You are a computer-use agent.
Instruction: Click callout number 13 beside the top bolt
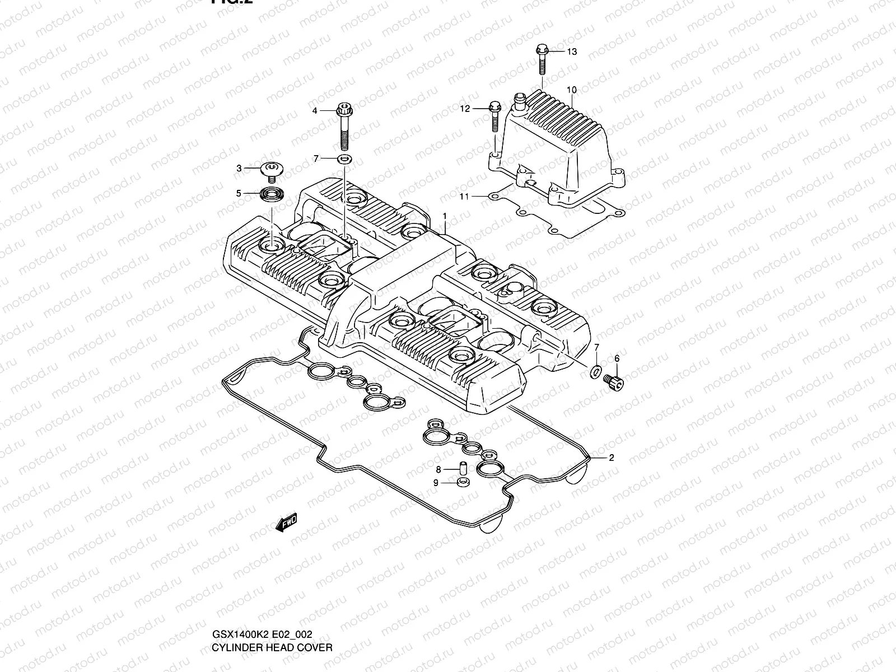click(x=571, y=52)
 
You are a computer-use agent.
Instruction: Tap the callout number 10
click(x=571, y=90)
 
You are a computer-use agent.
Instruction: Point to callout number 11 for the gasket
click(x=464, y=196)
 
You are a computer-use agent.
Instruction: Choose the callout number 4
click(x=315, y=111)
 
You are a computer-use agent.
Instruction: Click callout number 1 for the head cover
click(x=445, y=216)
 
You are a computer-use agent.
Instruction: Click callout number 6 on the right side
click(x=617, y=358)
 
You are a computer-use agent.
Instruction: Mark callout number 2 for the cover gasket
click(x=612, y=458)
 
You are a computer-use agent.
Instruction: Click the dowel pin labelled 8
click(x=463, y=468)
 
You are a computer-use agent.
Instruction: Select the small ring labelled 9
click(x=463, y=483)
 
